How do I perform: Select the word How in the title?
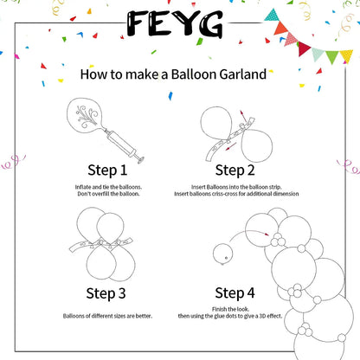(x=93, y=74)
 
